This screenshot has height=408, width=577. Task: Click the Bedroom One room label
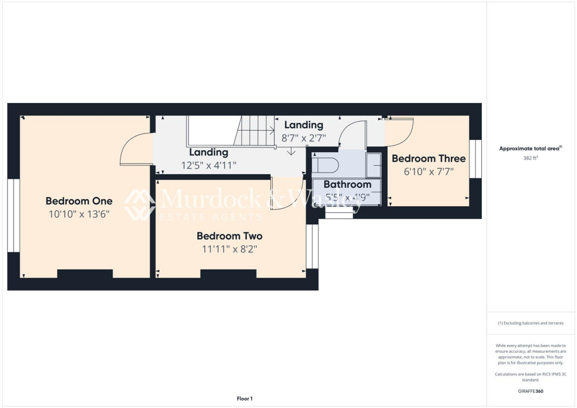(79, 201)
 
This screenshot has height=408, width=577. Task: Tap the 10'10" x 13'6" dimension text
(79, 214)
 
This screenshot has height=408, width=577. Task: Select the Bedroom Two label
(229, 236)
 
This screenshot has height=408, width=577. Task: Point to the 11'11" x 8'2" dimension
(229, 249)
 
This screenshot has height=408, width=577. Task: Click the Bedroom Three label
(428, 159)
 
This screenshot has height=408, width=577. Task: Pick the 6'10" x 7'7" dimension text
(428, 171)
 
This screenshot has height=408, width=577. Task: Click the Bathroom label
(347, 184)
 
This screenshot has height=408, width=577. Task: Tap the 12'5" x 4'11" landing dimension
(208, 165)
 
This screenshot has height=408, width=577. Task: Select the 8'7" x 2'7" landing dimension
(304, 137)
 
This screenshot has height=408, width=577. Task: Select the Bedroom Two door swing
(285, 194)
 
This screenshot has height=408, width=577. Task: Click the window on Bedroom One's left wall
(14, 215)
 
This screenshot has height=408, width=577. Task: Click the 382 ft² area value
(531, 159)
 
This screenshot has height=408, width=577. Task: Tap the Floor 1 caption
(243, 398)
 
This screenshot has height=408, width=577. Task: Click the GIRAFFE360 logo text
(531, 391)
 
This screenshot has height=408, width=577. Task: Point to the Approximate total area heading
(530, 149)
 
